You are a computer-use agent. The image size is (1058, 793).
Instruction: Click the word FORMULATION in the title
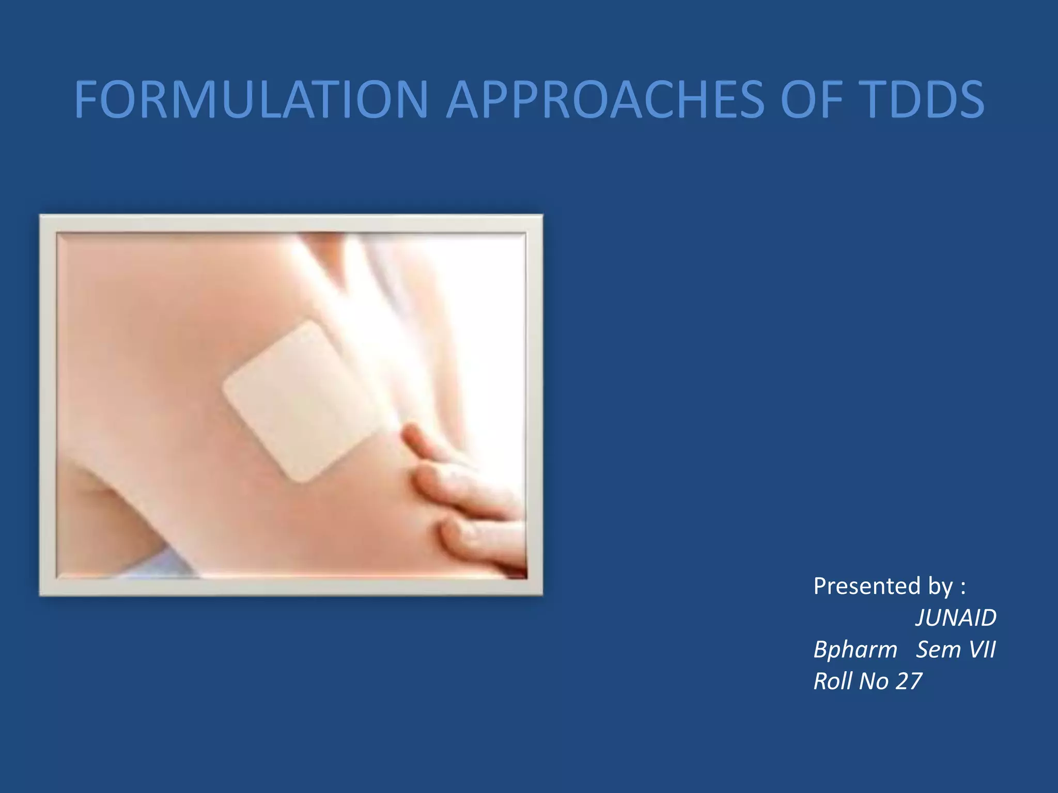(x=251, y=99)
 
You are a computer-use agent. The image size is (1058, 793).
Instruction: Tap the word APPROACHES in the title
(x=604, y=99)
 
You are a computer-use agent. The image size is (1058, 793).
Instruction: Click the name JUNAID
(x=956, y=618)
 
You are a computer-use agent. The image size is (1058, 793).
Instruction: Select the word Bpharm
(x=855, y=649)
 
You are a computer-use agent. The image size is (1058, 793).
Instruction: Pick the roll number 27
(x=909, y=681)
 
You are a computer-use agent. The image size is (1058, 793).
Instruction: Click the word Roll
(x=832, y=681)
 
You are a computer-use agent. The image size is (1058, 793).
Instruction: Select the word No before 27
(x=874, y=681)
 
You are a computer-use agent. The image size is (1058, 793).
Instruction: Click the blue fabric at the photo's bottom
(x=155, y=565)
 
